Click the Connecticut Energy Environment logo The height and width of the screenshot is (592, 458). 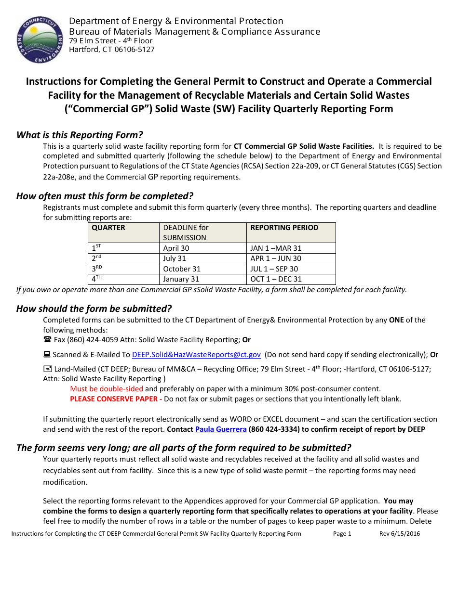(x=40, y=39)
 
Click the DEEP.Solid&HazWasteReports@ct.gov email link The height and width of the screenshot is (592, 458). (x=196, y=355)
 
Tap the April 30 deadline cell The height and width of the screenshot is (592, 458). (x=176, y=248)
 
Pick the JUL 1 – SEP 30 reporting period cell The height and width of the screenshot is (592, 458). (x=274, y=269)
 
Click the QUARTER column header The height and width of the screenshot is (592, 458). (x=108, y=228)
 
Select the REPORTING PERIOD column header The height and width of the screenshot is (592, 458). (x=284, y=228)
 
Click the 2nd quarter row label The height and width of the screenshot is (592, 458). (x=96, y=258)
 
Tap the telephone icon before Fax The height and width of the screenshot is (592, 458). (x=47, y=340)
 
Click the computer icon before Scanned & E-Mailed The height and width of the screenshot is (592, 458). (x=47, y=355)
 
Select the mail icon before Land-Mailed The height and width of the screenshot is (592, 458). (x=47, y=369)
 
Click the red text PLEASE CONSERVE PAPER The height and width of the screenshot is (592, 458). (x=114, y=399)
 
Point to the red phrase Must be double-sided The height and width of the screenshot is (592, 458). (x=107, y=389)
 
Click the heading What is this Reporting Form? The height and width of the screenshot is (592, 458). (x=80, y=135)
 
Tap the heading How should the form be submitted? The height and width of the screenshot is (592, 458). (x=94, y=309)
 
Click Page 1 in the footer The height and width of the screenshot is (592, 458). (x=342, y=533)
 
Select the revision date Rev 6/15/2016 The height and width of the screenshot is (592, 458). (x=400, y=533)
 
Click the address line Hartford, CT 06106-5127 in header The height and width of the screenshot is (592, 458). (x=112, y=50)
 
